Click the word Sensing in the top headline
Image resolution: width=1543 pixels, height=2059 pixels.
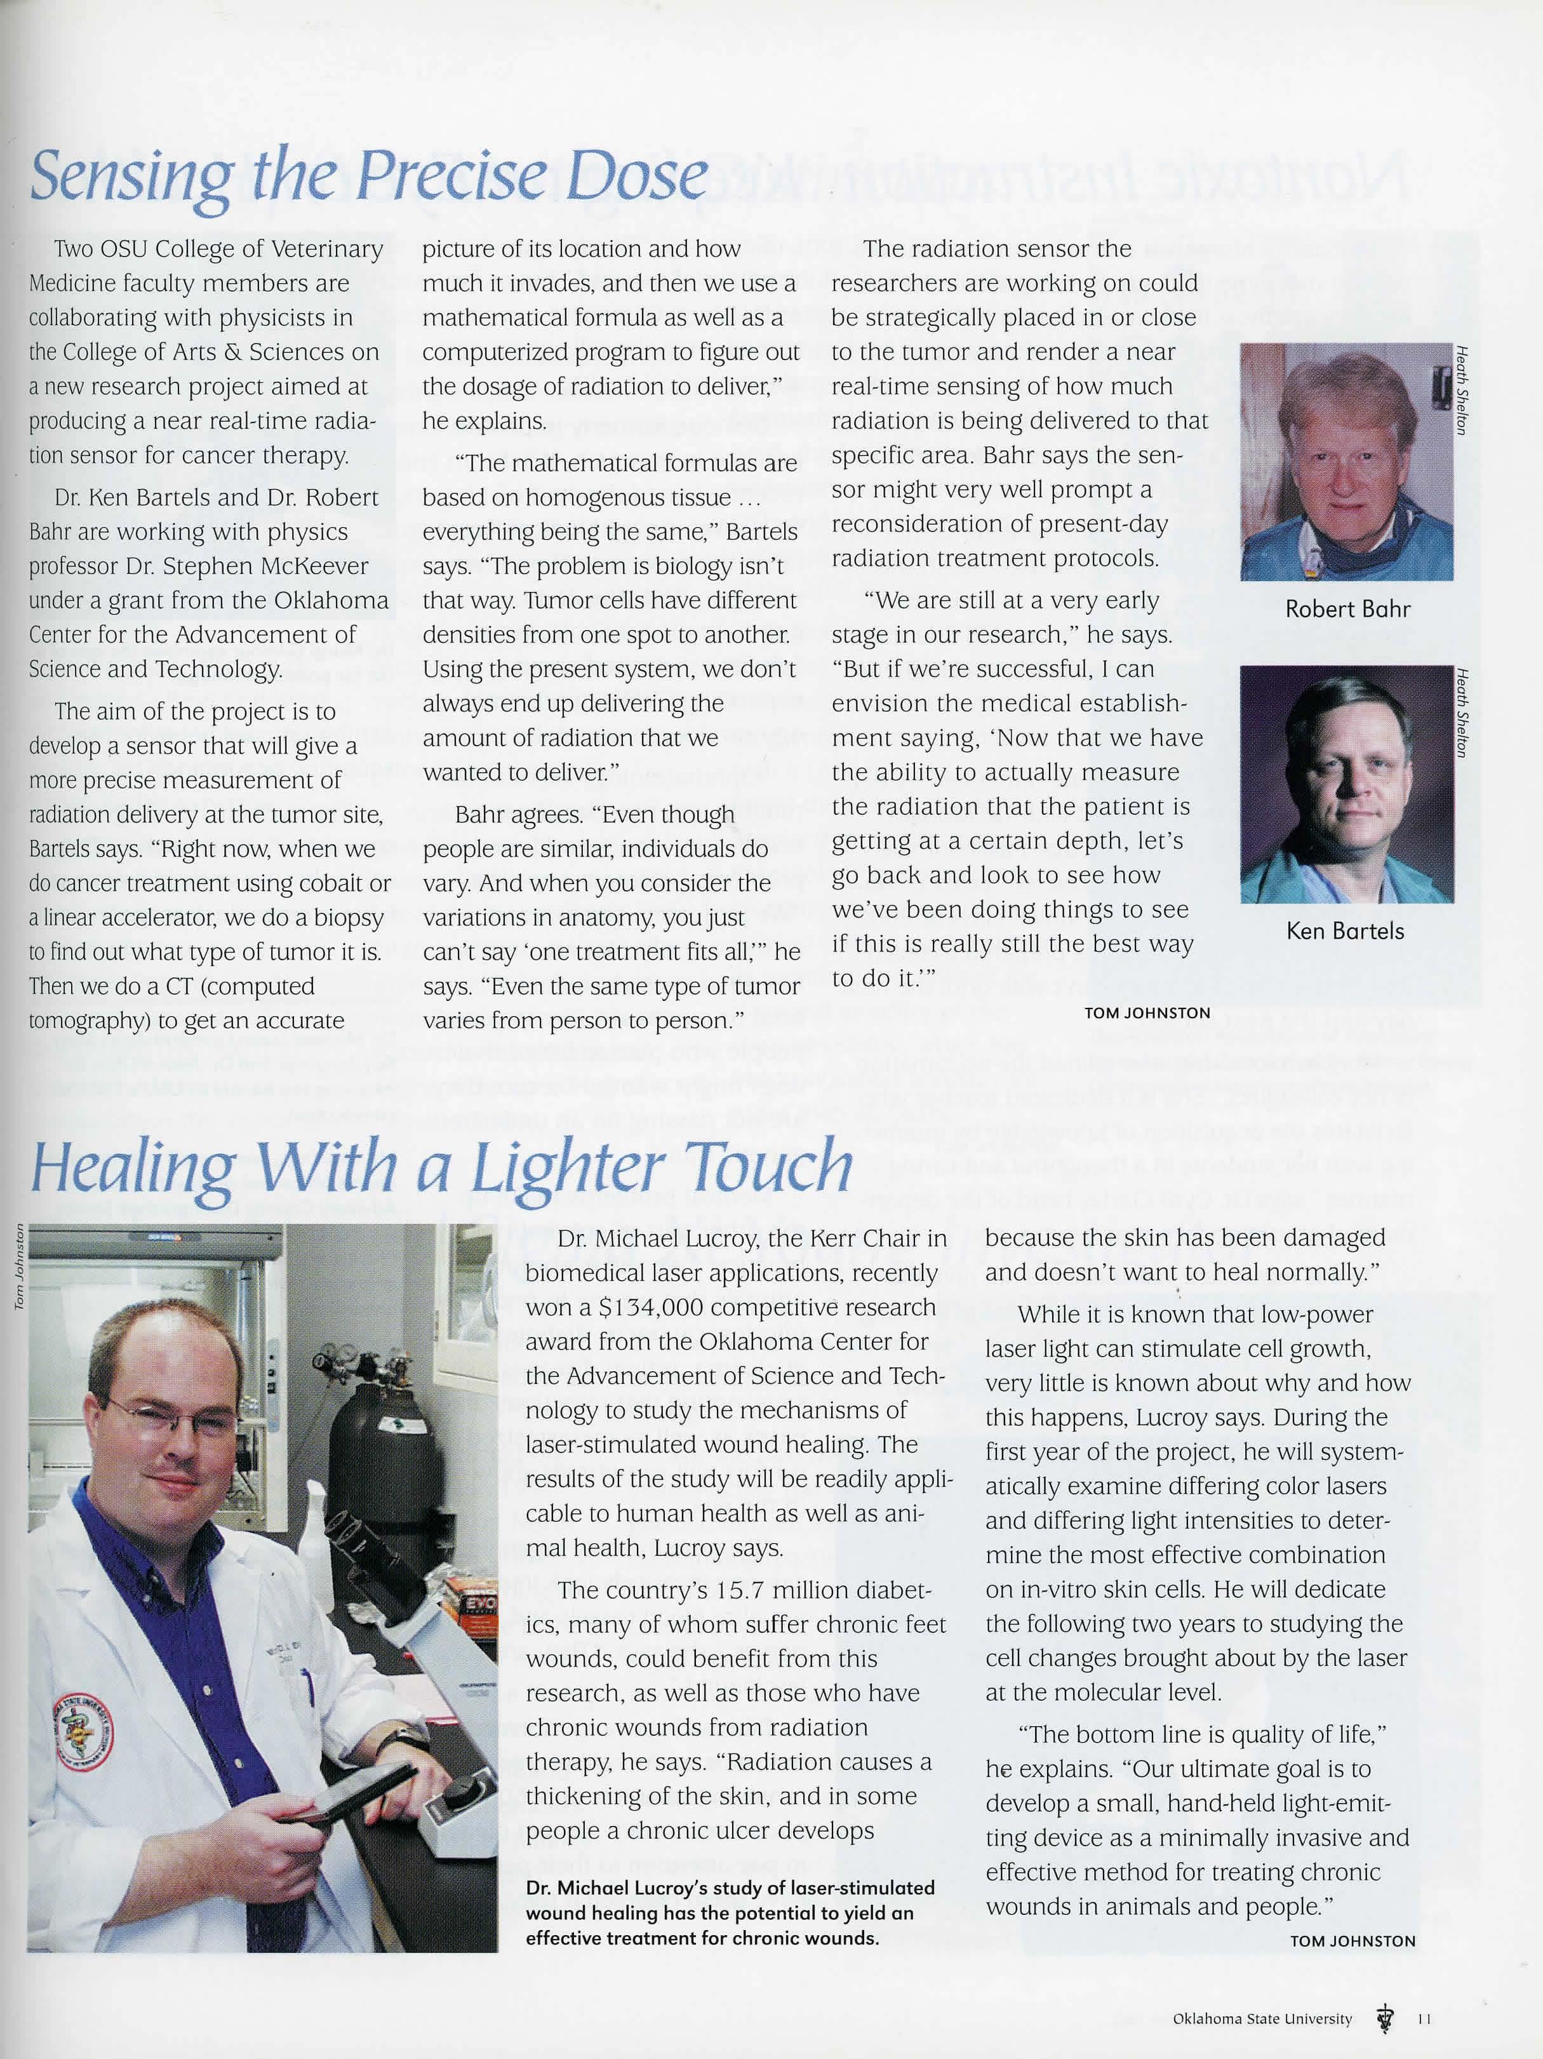pyautogui.click(x=130, y=177)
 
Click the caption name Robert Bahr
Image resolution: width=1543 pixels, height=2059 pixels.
pyautogui.click(x=1347, y=609)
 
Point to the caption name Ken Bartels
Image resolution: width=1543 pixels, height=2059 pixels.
pyautogui.click(x=1345, y=931)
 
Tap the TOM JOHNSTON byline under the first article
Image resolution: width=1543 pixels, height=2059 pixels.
pyautogui.click(x=1147, y=1013)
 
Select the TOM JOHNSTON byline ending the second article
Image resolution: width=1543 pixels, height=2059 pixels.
pyautogui.click(x=1353, y=1941)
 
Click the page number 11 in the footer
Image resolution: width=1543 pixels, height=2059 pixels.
pyautogui.click(x=1424, y=2019)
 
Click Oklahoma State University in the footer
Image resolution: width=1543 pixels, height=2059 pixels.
pyautogui.click(x=1262, y=2019)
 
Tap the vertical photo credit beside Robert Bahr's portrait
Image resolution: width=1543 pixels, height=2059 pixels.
pyautogui.click(x=1462, y=389)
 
